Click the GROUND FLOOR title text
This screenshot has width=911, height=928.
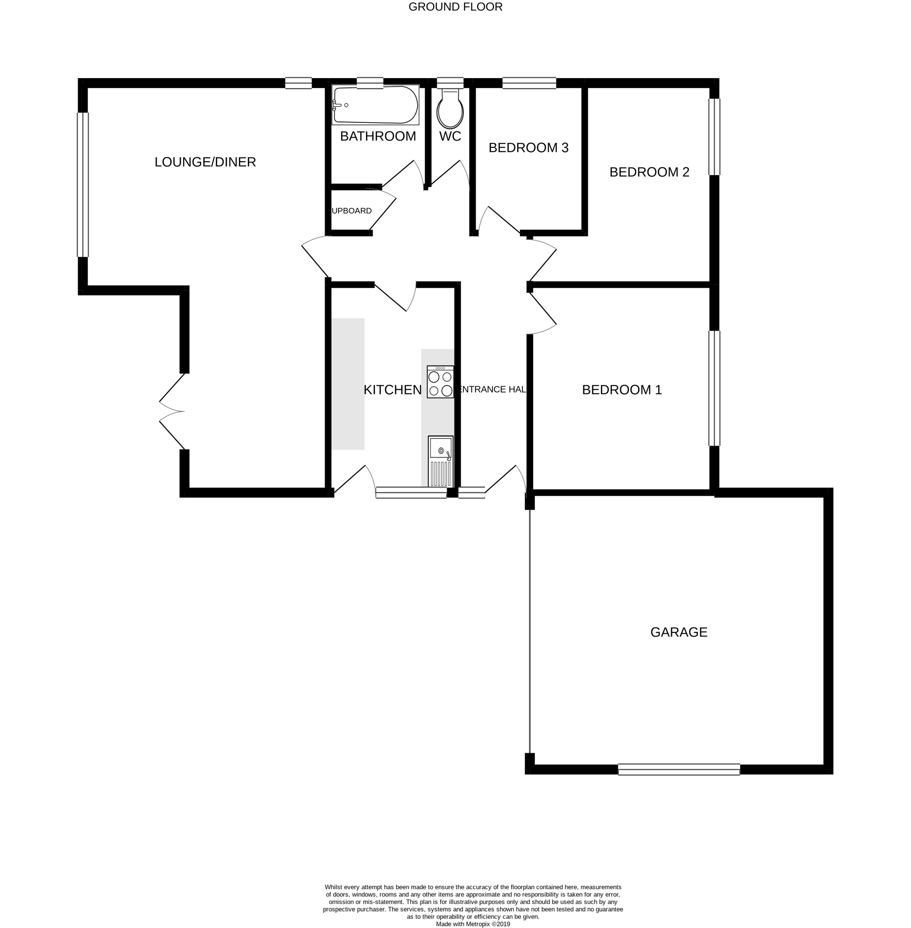click(455, 7)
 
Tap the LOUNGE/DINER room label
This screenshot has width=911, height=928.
click(205, 162)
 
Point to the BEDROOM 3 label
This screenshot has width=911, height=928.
click(528, 148)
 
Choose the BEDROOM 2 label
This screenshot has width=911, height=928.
click(649, 172)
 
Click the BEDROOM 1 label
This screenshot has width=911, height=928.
click(621, 390)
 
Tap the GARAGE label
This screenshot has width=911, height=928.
click(678, 632)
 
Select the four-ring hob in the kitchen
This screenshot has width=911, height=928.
click(440, 382)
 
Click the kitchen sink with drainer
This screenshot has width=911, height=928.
click(440, 461)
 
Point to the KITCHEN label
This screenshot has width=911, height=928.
click(392, 390)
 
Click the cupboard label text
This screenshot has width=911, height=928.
click(352, 211)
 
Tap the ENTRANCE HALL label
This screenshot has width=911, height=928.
click(492, 389)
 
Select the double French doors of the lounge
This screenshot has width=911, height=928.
click(172, 411)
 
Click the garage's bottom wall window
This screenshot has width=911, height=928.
click(678, 769)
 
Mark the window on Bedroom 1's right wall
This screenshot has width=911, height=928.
click(714, 388)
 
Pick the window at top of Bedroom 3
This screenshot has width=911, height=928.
click(529, 83)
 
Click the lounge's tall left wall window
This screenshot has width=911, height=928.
click(83, 185)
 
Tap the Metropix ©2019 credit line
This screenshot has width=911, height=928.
click(472, 924)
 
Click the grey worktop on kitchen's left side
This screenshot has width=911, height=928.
click(348, 384)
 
